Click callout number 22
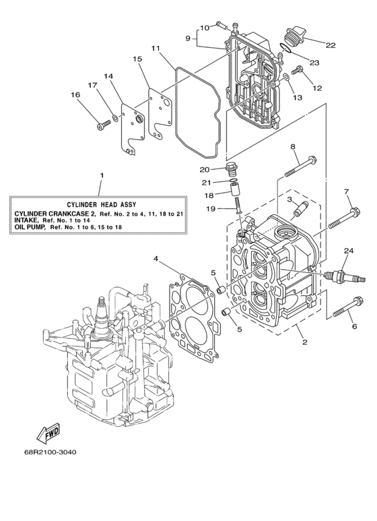(x=331, y=45)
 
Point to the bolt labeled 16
(x=104, y=124)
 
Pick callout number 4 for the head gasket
(x=156, y=258)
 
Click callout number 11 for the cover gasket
(x=156, y=49)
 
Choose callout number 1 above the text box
(x=102, y=176)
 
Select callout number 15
(x=137, y=59)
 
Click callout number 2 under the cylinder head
(x=304, y=342)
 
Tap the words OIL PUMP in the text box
(x=30, y=228)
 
